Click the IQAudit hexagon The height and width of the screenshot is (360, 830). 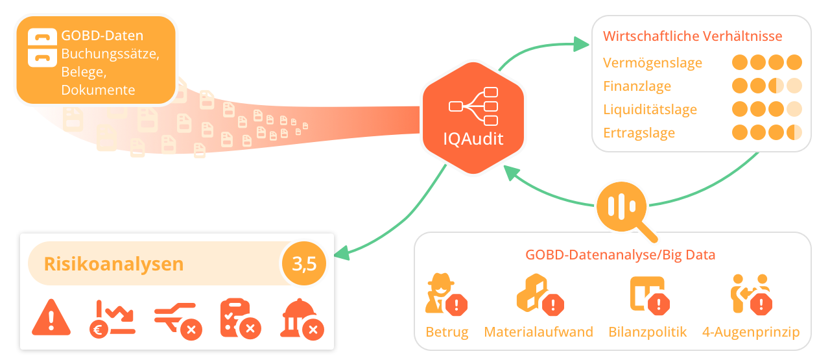[472, 118]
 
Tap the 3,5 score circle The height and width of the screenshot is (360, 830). [303, 264]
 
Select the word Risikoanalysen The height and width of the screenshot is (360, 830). [113, 265]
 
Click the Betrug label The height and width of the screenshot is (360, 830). [447, 332]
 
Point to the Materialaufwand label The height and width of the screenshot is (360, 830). [538, 332]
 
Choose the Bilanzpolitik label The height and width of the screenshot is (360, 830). [647, 332]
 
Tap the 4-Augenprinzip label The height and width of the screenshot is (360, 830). [751, 332]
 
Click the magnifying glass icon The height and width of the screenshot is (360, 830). [624, 206]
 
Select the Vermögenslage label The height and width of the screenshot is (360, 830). [652, 63]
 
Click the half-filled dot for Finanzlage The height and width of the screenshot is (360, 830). [776, 86]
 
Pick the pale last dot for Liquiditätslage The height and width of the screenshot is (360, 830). [794, 109]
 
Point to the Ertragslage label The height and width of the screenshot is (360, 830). [639, 133]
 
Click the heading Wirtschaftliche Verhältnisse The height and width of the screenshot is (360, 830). [693, 36]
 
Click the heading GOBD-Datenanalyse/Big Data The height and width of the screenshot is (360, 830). [620, 255]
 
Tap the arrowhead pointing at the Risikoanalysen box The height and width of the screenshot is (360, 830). [342, 254]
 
